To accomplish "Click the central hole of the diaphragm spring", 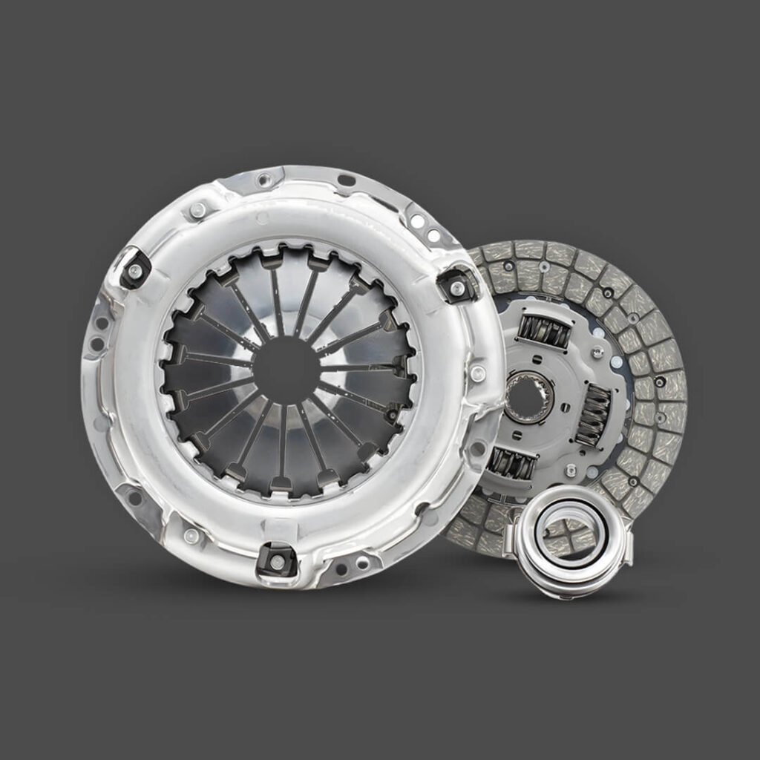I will pos(286,370).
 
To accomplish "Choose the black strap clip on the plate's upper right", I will pos(453,284).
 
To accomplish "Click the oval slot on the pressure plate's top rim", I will pos(345,180).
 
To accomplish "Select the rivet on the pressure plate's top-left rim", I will pos(197,211).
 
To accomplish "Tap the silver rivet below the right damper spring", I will pos(570,471).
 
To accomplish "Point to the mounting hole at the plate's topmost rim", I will pos(261,179).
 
